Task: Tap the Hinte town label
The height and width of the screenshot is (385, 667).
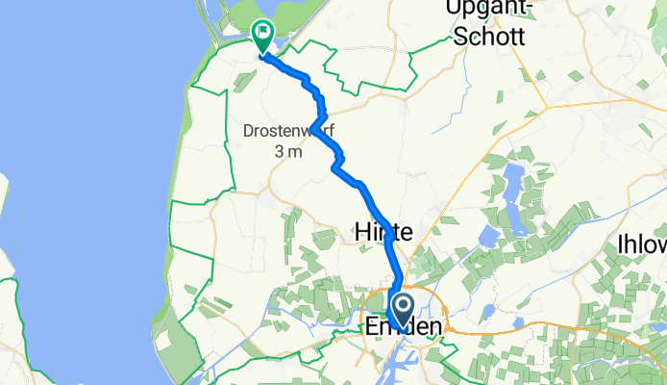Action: click(383, 232)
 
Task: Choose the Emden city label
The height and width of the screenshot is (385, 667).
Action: click(404, 328)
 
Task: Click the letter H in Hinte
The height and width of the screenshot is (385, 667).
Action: click(361, 232)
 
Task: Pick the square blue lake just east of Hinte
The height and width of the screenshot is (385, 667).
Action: click(491, 236)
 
